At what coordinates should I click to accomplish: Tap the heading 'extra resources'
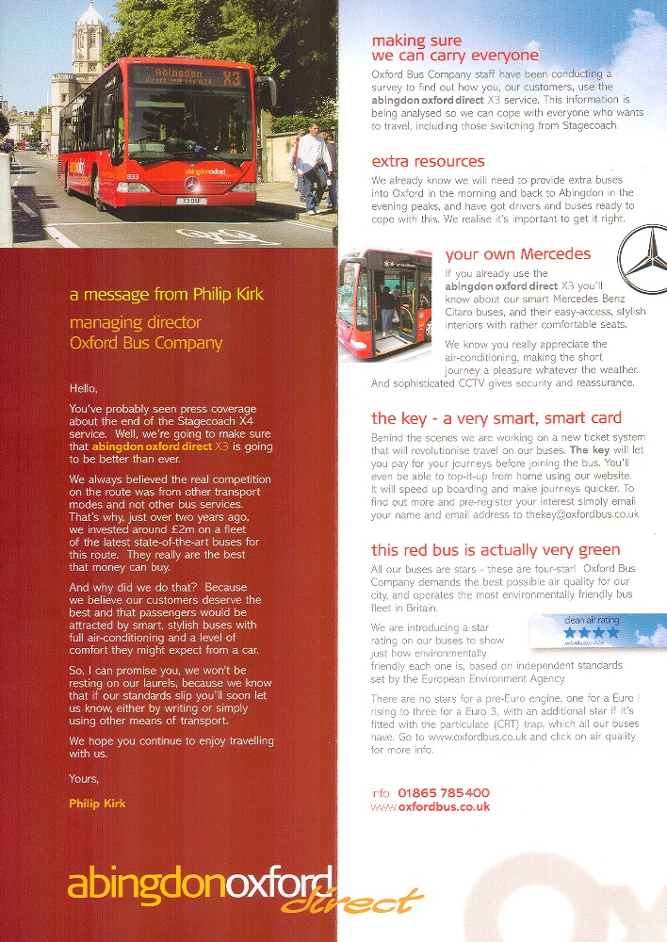(x=428, y=161)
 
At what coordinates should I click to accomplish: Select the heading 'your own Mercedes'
(x=517, y=253)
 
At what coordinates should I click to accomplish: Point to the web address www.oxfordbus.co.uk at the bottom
(x=431, y=807)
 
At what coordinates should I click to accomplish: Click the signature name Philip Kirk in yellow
(x=97, y=803)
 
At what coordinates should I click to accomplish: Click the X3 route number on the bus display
(x=232, y=77)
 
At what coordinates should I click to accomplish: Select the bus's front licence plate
(x=193, y=200)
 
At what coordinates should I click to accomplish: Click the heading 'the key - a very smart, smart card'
(x=496, y=418)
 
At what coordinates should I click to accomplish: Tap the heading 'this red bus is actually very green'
(x=496, y=550)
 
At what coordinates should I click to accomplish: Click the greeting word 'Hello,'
(x=84, y=387)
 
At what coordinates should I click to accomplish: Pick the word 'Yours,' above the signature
(x=84, y=779)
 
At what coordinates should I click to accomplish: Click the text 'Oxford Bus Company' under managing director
(x=146, y=343)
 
